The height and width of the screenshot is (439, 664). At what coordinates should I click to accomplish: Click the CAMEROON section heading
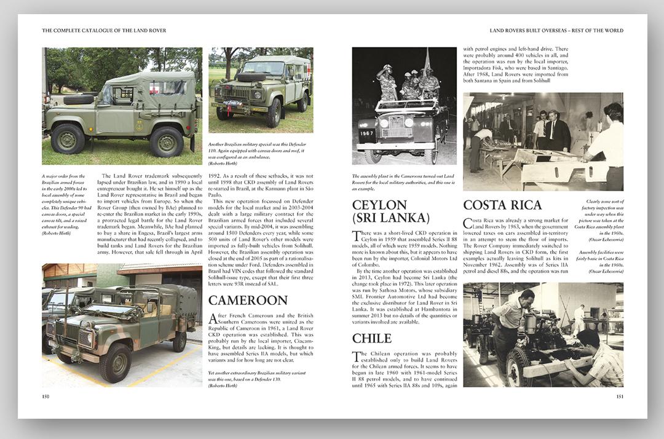tap(248, 300)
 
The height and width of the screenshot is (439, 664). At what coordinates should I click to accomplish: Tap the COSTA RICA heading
tap(502, 205)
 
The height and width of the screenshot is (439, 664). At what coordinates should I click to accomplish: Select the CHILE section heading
tap(371, 338)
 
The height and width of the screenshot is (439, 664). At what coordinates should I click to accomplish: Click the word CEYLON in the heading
tap(379, 205)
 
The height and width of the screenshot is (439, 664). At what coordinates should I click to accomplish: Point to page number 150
tap(45, 397)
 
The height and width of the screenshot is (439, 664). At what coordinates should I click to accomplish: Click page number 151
tap(619, 397)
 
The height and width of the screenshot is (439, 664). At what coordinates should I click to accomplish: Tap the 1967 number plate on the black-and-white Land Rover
tap(368, 133)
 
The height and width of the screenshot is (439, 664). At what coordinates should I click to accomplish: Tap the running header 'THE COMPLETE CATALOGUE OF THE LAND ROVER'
tap(104, 30)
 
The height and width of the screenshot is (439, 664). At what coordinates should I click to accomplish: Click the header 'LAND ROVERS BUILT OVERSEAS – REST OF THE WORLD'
tap(556, 30)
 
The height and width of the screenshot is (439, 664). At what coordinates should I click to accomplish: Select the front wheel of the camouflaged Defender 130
tap(116, 363)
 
